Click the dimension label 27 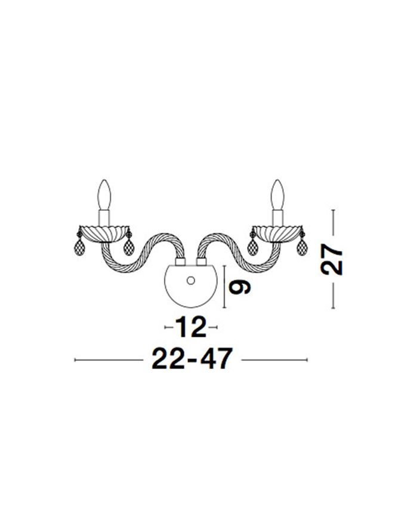(x=331, y=259)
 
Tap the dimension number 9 (x=239, y=287)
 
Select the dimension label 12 (x=191, y=327)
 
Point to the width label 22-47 (x=192, y=358)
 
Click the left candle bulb (x=104, y=195)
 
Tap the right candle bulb (x=277, y=195)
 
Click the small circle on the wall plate (x=191, y=281)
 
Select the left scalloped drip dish (x=104, y=233)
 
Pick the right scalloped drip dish (x=277, y=233)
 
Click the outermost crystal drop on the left (x=79, y=244)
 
